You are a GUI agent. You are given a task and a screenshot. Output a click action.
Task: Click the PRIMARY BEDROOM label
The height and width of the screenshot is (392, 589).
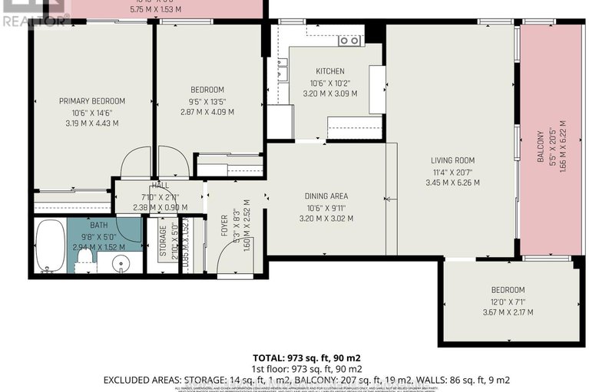pos(92,101)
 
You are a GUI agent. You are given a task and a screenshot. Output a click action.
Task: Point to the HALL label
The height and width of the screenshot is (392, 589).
pos(160,186)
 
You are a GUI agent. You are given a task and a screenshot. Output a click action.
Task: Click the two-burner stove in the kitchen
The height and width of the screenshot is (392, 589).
pos(349,41)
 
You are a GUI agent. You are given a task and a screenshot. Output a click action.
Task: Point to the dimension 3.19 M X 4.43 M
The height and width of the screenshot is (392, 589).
pos(92,123)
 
